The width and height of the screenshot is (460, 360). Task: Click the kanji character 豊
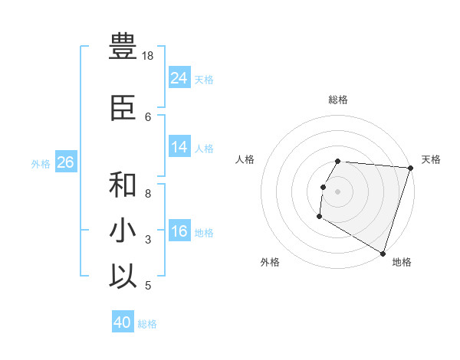tap(123, 47)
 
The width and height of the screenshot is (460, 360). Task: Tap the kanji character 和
tap(123, 185)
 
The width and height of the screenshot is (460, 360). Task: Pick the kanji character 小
tap(123, 231)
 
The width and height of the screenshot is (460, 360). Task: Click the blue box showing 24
tap(179, 78)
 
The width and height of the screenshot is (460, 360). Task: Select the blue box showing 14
tap(179, 148)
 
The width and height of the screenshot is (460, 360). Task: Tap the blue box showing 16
tap(179, 232)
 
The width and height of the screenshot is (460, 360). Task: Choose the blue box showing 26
tap(65, 162)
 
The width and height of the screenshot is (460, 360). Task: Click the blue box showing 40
tap(123, 322)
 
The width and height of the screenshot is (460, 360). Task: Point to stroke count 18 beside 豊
tap(148, 56)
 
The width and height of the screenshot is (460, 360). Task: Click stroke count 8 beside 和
tap(148, 194)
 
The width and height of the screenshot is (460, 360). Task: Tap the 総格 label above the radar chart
tap(338, 100)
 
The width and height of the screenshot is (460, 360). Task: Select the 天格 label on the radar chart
tap(431, 159)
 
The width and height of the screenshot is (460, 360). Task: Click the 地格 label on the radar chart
tap(402, 262)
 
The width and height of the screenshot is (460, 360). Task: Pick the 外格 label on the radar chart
tap(270, 262)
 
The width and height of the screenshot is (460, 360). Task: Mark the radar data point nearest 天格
tap(410, 168)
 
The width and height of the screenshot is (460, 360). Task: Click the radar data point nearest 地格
tap(382, 252)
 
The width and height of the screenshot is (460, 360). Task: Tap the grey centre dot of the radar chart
tap(338, 191)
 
